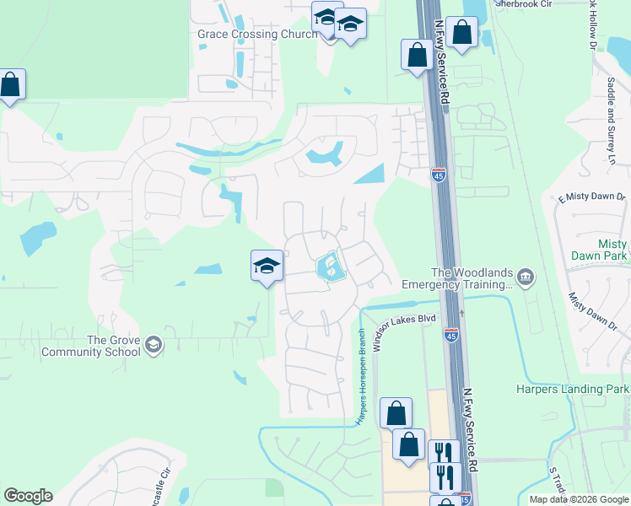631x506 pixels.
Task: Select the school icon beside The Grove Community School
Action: tap(154, 344)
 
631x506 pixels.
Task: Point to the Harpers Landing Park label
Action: tap(573, 389)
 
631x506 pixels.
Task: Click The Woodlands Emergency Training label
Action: tap(461, 278)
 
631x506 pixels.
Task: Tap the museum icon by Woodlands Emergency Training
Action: tap(526, 277)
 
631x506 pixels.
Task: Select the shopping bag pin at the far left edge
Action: tap(10, 85)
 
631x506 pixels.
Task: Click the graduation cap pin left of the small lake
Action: tap(267, 266)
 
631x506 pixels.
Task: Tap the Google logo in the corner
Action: tap(28, 496)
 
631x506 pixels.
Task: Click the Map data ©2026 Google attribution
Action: tap(579, 499)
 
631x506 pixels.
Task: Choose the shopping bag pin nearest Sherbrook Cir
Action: tap(461, 34)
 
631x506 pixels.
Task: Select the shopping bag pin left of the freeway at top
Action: tap(417, 56)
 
